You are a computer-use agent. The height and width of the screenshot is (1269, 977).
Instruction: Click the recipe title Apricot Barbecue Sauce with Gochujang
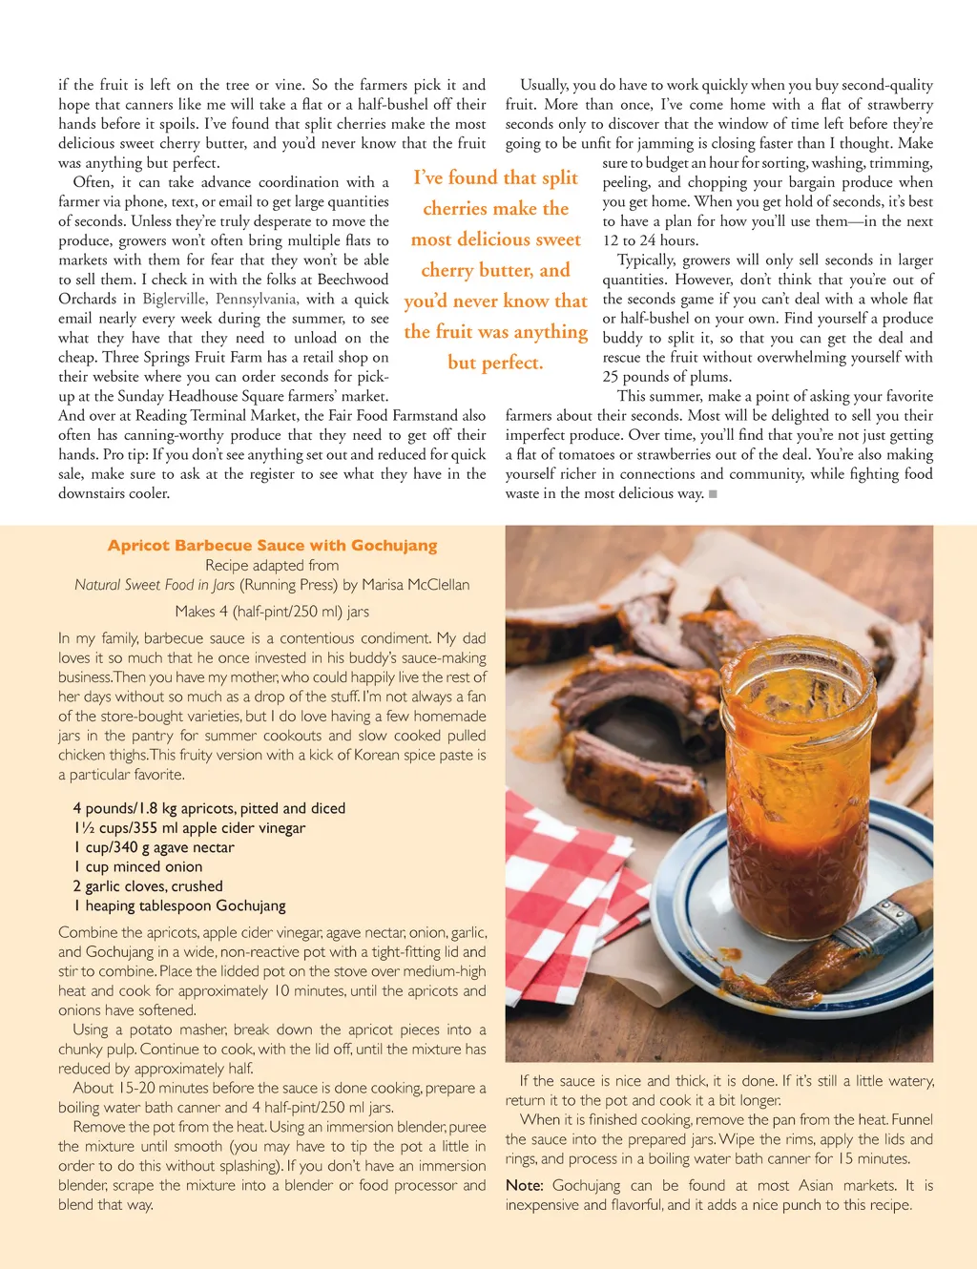pyautogui.click(x=272, y=546)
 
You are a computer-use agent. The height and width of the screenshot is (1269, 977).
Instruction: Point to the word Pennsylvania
pyautogui.click(x=257, y=299)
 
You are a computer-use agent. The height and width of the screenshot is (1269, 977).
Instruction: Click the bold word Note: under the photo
pyautogui.click(x=524, y=1185)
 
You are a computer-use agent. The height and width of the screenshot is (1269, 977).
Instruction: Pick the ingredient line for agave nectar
pyautogui.click(x=154, y=847)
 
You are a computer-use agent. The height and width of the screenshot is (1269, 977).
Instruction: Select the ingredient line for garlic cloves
pyautogui.click(x=148, y=886)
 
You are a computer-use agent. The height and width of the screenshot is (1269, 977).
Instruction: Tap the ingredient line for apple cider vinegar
pyautogui.click(x=189, y=828)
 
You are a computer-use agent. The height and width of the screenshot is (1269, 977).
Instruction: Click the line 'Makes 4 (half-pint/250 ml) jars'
pyautogui.click(x=272, y=612)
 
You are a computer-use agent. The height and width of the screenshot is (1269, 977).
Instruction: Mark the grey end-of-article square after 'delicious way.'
pyautogui.click(x=713, y=494)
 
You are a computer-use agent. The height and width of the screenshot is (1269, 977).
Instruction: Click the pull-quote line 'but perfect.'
pyautogui.click(x=495, y=363)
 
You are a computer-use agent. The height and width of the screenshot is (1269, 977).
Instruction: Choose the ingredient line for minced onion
pyautogui.click(x=138, y=867)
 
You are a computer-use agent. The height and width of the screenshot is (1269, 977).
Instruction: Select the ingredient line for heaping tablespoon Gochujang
pyautogui.click(x=179, y=905)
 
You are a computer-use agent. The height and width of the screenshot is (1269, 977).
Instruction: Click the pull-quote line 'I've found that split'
pyautogui.click(x=495, y=177)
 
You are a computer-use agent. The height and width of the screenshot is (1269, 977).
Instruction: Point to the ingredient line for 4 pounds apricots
pyautogui.click(x=209, y=808)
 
